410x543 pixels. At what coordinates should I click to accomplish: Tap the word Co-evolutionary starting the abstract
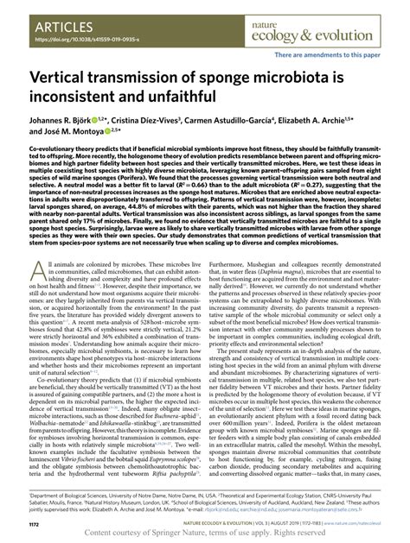pos(61,172)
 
